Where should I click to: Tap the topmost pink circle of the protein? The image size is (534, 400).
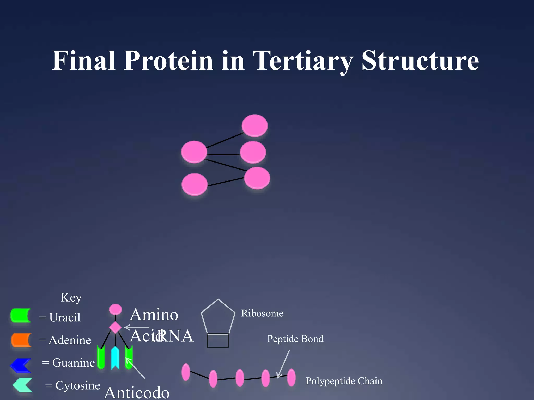coord(254,126)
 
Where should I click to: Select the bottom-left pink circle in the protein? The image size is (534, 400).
coord(194,184)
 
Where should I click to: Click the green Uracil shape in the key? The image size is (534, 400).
coord(20,315)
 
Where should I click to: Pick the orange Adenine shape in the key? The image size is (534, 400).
coord(21,340)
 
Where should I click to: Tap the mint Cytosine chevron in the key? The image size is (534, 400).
coord(23,385)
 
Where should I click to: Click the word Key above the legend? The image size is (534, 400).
coord(71,298)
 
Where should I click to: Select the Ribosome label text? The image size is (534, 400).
coord(262,313)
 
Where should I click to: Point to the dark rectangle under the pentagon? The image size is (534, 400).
coord(218,341)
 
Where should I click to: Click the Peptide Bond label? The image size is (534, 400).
coord(295,339)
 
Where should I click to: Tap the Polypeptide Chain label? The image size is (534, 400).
coord(344,381)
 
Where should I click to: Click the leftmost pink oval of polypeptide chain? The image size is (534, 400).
coord(186,372)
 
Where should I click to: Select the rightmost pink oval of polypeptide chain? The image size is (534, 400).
coord(291,378)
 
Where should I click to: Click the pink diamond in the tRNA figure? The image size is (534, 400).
coord(115,327)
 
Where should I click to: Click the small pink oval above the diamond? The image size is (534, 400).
coord(115,309)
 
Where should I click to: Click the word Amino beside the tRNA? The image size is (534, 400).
coord(154,315)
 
